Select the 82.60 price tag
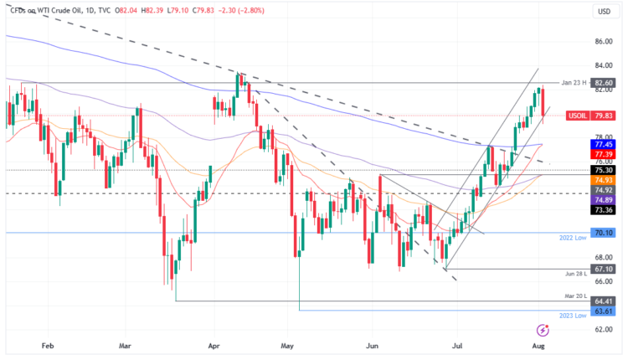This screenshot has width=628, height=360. pos(605,84)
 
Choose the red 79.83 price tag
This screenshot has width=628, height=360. pos(605,116)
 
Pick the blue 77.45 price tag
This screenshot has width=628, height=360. pos(605,144)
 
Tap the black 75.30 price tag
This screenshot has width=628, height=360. pos(605,170)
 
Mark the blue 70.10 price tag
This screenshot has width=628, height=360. pos(605,234)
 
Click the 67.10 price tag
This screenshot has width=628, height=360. pos(605,270)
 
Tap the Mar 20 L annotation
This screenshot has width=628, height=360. pos(574,298)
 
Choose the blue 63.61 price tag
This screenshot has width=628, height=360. pos(605,311)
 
